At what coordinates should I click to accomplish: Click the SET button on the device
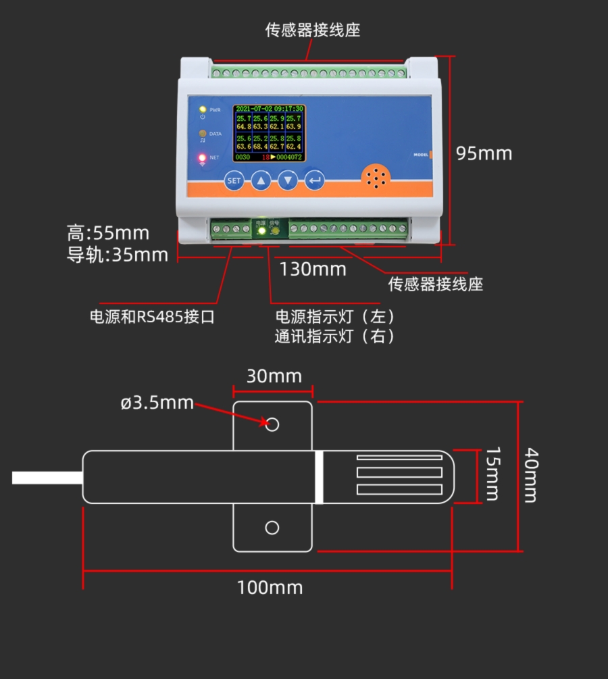[x=234, y=180]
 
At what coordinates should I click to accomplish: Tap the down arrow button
[x=288, y=180]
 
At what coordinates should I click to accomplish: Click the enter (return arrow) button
[x=315, y=180]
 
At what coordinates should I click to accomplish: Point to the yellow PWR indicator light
[x=202, y=109]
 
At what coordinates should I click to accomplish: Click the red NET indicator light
[x=202, y=158]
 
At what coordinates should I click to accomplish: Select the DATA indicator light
[x=202, y=134]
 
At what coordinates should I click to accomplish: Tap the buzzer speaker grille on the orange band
[x=376, y=177]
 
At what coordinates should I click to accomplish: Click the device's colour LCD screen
[x=269, y=133]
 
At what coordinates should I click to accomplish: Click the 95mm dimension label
[x=484, y=153]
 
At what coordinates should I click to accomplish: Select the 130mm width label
[x=313, y=269]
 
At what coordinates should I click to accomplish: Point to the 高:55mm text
[x=108, y=234]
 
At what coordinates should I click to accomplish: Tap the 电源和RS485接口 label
[x=152, y=316]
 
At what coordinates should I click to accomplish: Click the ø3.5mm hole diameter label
[x=157, y=403]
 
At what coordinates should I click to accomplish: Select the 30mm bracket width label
[x=274, y=376]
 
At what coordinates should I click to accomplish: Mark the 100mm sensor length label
[x=270, y=587]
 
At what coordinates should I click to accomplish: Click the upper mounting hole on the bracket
[x=272, y=424]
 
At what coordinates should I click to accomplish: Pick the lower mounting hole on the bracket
[x=272, y=528]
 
